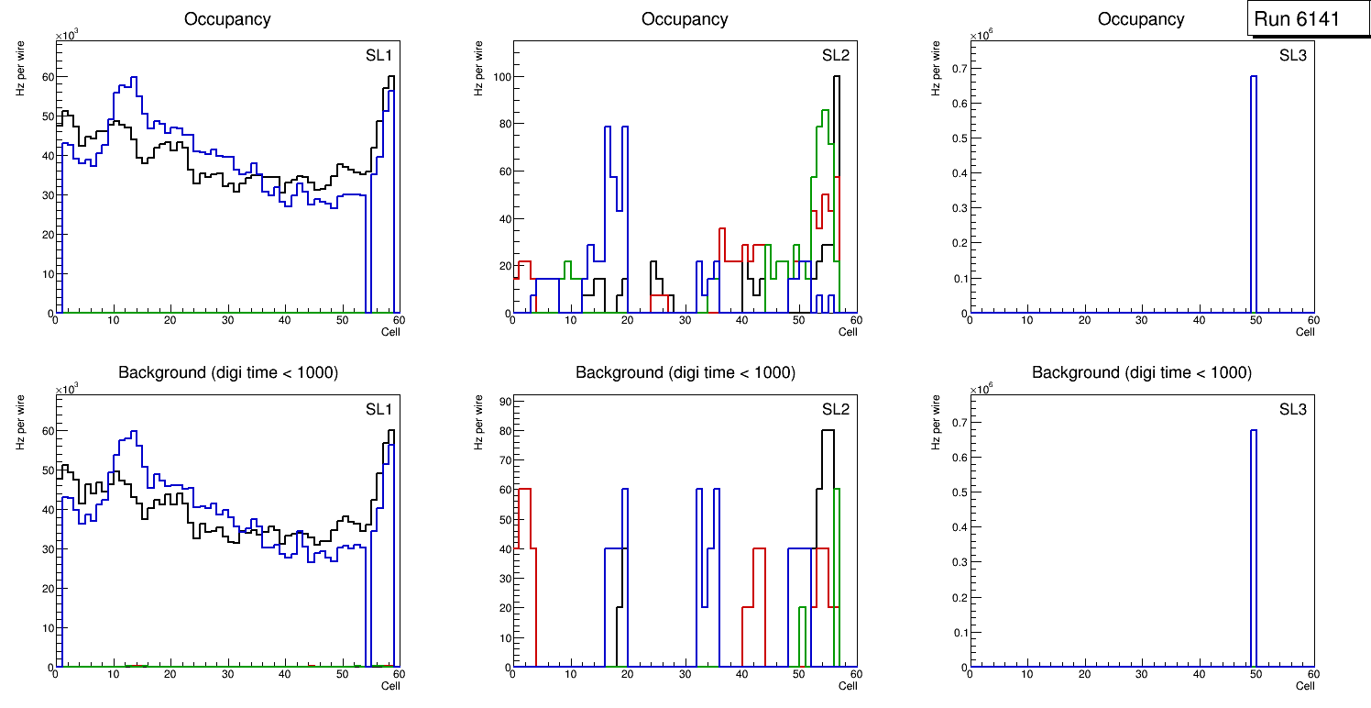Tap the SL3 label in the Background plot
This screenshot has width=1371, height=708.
pos(1292,409)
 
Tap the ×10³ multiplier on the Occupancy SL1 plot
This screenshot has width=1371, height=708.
pos(67,35)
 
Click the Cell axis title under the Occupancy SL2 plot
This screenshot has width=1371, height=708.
pos(848,332)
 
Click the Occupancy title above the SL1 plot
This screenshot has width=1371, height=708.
pos(227,18)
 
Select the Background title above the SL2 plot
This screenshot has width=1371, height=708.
pos(685,372)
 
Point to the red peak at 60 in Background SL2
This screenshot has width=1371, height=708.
pos(524,489)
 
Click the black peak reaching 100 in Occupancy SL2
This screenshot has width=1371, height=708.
pos(836,77)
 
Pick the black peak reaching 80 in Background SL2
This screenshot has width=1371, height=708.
pos(828,430)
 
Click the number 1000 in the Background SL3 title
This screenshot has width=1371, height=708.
pos(1233,372)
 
